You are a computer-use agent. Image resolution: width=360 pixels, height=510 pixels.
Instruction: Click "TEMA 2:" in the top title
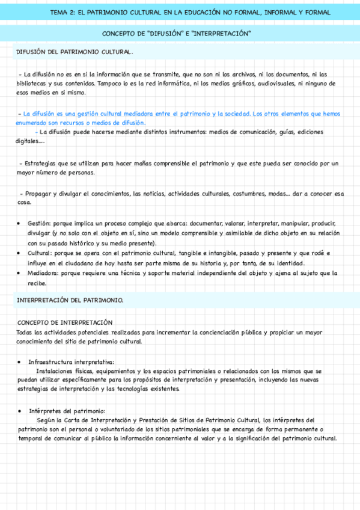62,12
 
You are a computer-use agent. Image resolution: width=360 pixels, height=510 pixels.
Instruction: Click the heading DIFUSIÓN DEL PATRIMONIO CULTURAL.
74,52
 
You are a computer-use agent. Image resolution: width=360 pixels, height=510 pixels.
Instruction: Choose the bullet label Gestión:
39,223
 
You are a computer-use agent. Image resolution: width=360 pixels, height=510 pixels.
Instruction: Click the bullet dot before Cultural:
19,254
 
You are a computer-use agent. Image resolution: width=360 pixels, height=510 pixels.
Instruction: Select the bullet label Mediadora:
43,273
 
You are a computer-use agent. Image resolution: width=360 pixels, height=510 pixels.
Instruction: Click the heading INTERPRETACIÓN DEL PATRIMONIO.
70,299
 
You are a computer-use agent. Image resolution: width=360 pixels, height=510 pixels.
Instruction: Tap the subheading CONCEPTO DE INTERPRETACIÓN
65,322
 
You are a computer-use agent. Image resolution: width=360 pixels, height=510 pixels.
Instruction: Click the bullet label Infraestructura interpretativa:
71,362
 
